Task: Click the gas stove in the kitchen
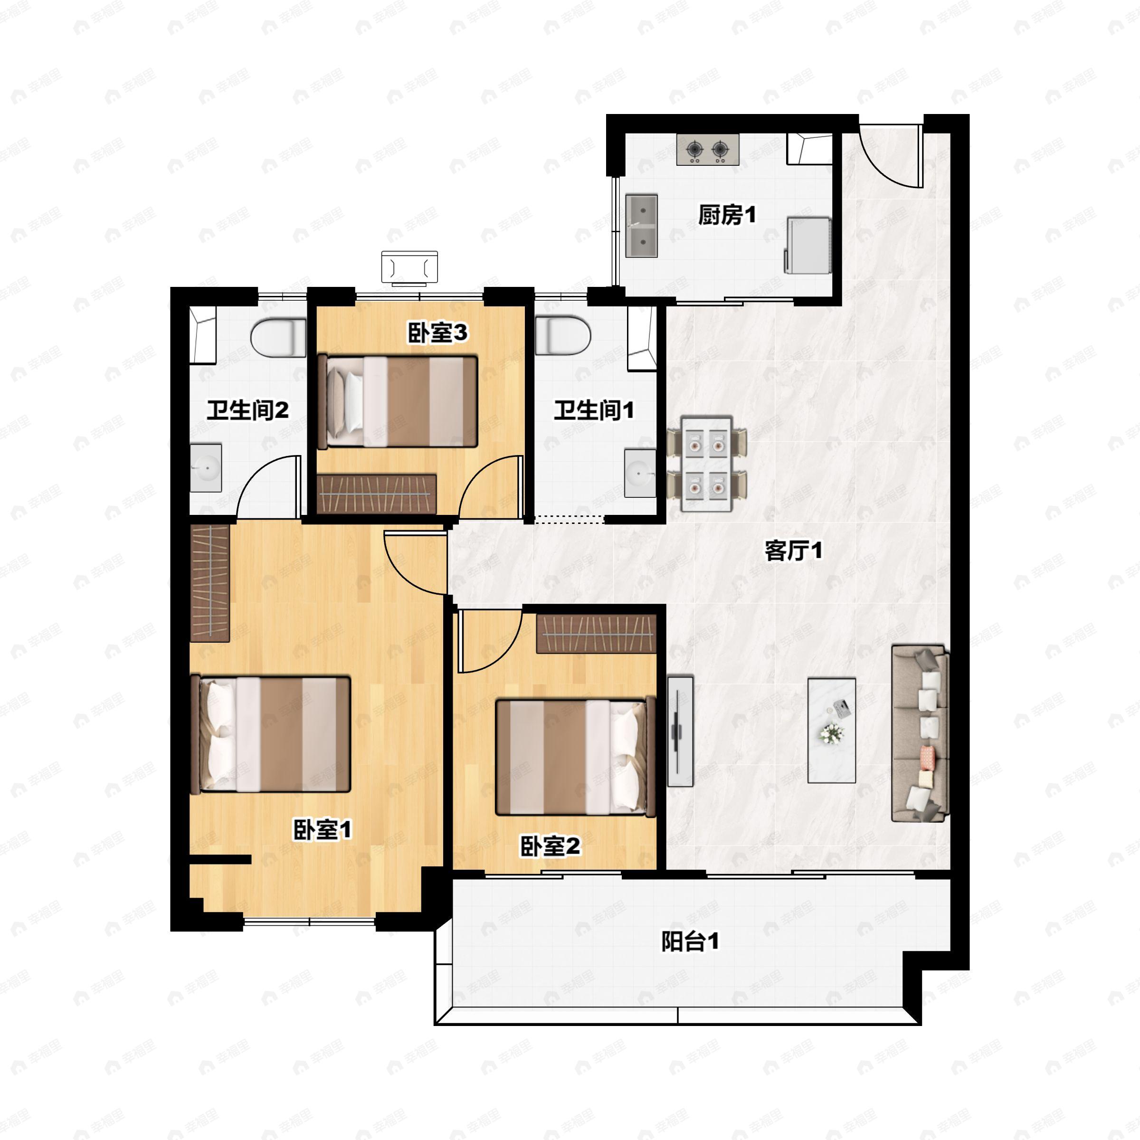click(x=707, y=150)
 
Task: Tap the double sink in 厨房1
click(x=641, y=226)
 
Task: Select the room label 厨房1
click(x=726, y=215)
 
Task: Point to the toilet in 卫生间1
click(x=562, y=336)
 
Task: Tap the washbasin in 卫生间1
click(x=640, y=473)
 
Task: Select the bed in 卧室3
click(x=397, y=401)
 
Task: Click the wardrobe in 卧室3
click(x=377, y=494)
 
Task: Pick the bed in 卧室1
click(x=271, y=734)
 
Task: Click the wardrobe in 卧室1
click(x=210, y=582)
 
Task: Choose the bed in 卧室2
click(x=575, y=758)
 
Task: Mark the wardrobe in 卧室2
click(x=596, y=634)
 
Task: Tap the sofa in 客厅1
click(x=919, y=733)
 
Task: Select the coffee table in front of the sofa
click(x=831, y=731)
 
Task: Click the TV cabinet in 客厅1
click(x=680, y=731)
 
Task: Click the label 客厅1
click(x=792, y=551)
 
